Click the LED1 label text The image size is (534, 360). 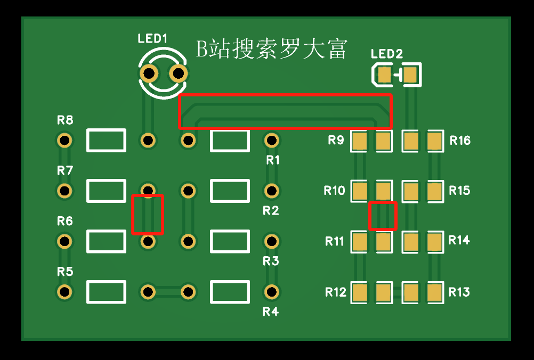(x=152, y=38)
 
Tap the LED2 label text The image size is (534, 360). (x=386, y=54)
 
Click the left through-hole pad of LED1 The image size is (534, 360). (x=149, y=73)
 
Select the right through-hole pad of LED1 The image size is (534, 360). (x=178, y=73)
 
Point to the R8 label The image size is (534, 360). (x=64, y=120)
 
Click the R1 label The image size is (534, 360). (x=272, y=160)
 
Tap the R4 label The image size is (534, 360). (x=270, y=312)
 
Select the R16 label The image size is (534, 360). (x=460, y=140)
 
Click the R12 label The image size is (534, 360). (x=335, y=292)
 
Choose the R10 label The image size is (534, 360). (x=335, y=191)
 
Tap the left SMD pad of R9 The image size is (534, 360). (x=359, y=141)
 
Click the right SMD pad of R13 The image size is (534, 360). (x=435, y=292)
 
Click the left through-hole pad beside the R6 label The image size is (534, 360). (x=64, y=241)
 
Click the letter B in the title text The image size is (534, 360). (x=202, y=50)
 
